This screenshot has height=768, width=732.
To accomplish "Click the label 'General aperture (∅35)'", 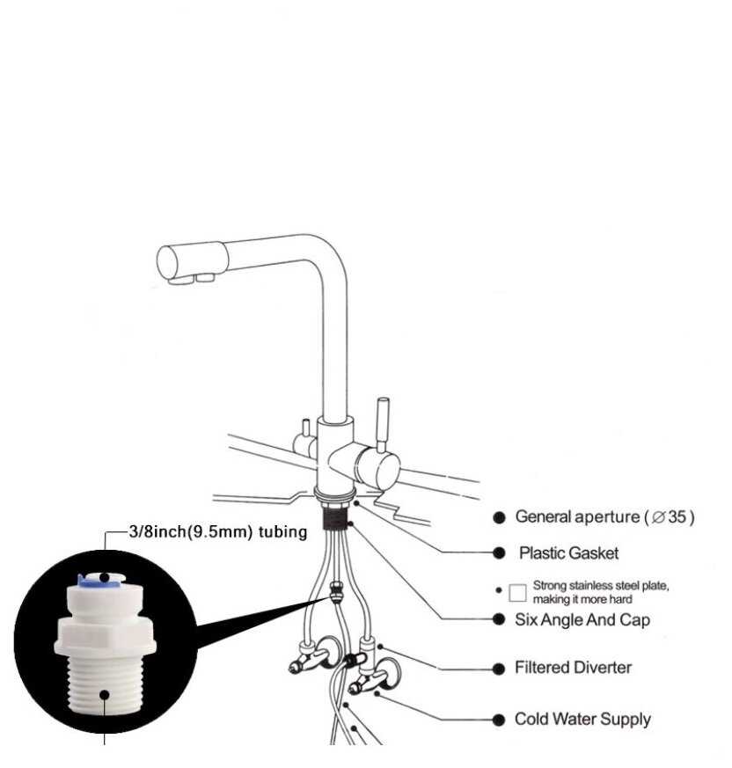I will (604, 517).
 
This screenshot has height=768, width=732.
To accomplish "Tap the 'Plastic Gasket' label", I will (568, 553).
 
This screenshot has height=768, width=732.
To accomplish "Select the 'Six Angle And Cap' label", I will (582, 619).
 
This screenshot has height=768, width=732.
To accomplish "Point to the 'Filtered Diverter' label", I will (573, 668).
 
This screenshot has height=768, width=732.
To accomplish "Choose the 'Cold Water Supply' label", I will (582, 720).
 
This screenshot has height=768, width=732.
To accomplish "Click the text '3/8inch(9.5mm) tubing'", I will (218, 531).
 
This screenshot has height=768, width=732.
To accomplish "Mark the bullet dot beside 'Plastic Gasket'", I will (499, 553).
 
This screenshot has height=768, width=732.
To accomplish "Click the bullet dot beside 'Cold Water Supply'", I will (499, 720).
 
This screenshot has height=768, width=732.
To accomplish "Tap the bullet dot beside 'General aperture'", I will (499, 517).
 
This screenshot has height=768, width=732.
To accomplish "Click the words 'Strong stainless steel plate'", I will (600, 585).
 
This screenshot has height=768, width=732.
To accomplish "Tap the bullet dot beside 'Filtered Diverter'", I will (499, 669).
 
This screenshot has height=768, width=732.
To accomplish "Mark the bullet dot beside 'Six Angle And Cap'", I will (499, 619).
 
